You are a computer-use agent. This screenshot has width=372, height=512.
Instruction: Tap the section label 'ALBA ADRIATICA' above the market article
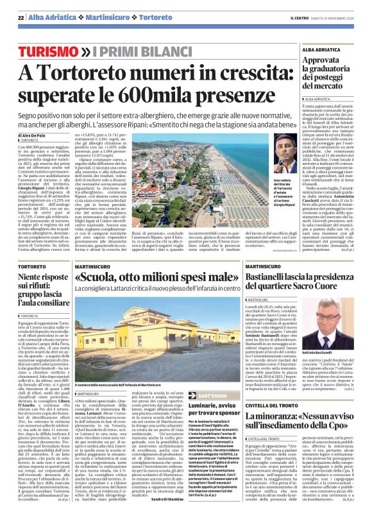click(325, 49)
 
